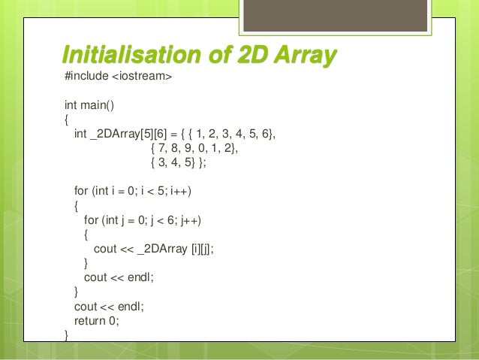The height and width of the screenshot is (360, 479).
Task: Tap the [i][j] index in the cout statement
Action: (199, 250)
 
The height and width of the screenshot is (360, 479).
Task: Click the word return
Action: (89, 320)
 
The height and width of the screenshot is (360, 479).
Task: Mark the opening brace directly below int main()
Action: (67, 119)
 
